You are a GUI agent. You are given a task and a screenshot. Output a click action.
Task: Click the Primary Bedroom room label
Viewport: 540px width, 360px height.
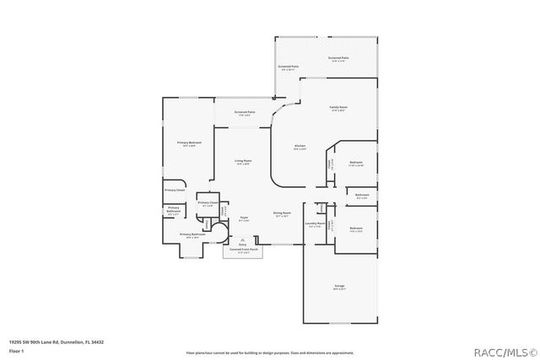coord(189,142)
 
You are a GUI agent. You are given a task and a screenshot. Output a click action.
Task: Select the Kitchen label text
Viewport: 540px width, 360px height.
coord(300,146)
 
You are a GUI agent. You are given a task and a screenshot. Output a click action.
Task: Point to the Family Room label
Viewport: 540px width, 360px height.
coord(338,108)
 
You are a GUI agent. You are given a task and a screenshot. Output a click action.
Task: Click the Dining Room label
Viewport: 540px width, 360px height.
coord(282,213)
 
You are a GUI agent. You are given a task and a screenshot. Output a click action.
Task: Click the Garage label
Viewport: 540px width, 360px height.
coord(339,287)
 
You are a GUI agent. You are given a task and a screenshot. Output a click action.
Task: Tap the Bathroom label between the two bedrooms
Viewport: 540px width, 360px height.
coord(363,195)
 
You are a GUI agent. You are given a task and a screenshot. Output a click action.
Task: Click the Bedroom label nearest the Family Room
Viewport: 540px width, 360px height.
coord(355,162)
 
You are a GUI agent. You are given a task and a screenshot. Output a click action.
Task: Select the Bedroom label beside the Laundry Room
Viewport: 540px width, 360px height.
coord(356,228)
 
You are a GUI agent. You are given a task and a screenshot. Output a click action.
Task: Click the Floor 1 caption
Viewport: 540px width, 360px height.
coord(16,349)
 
